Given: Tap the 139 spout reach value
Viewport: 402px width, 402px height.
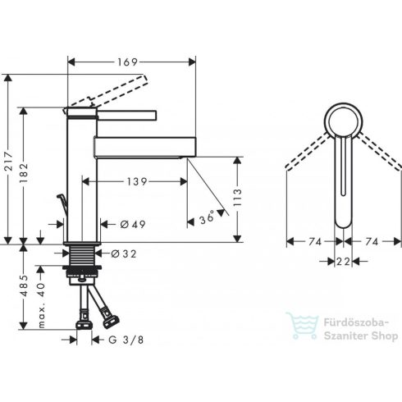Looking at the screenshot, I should click(136, 180).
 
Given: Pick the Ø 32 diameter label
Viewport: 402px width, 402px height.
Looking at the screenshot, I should click(126, 254).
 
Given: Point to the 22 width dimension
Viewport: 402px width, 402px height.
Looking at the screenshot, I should click(343, 261).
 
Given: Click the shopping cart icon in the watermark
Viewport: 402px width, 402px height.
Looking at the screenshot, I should click(300, 325).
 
